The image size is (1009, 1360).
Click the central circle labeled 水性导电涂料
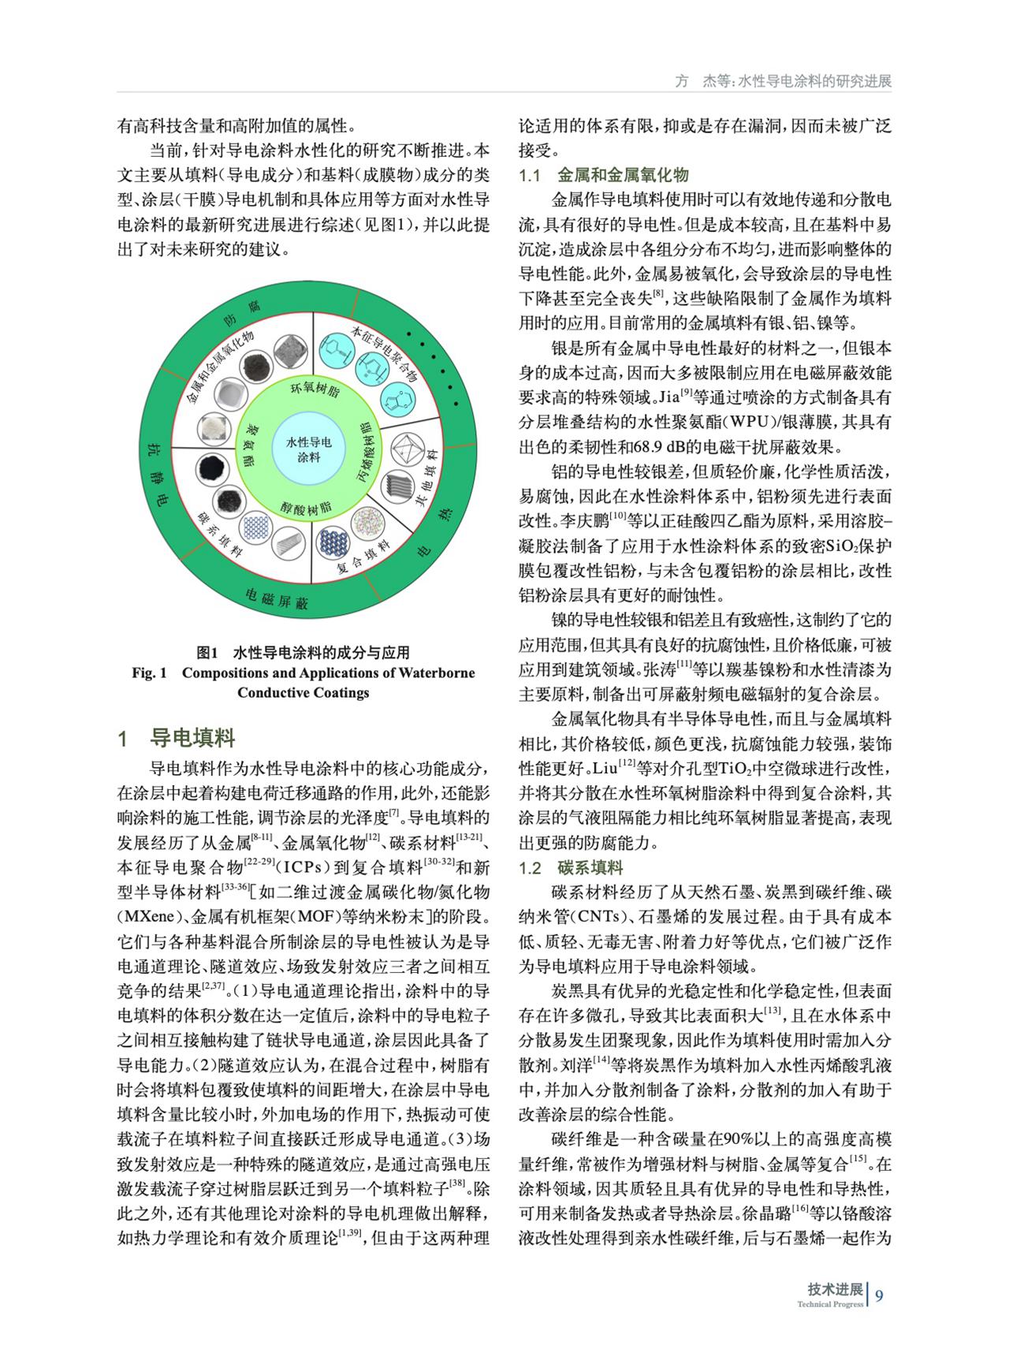[308, 449]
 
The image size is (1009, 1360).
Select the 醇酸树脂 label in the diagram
[305, 508]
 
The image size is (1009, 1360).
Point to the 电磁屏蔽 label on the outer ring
[276, 600]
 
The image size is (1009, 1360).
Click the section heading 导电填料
[192, 739]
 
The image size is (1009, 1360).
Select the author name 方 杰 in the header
[694, 81]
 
